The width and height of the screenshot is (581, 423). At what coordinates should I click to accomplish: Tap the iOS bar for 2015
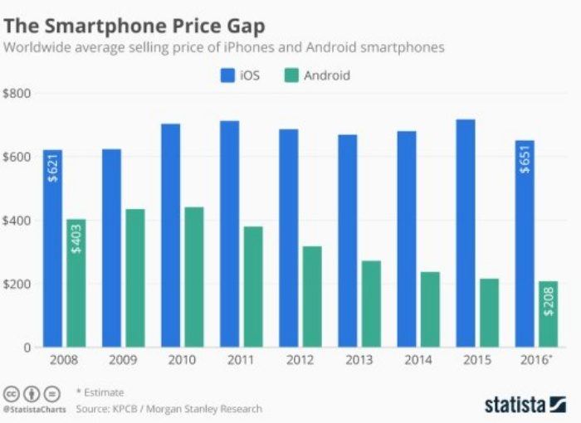tap(465, 233)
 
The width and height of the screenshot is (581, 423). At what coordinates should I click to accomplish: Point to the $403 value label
tap(77, 236)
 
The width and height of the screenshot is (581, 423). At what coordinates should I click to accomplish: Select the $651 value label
tap(525, 158)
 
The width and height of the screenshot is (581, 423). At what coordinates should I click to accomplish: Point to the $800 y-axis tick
tap(17, 93)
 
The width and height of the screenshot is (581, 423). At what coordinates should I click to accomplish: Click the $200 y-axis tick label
tap(17, 284)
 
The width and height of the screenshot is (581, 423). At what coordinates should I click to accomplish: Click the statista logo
tap(525, 405)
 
